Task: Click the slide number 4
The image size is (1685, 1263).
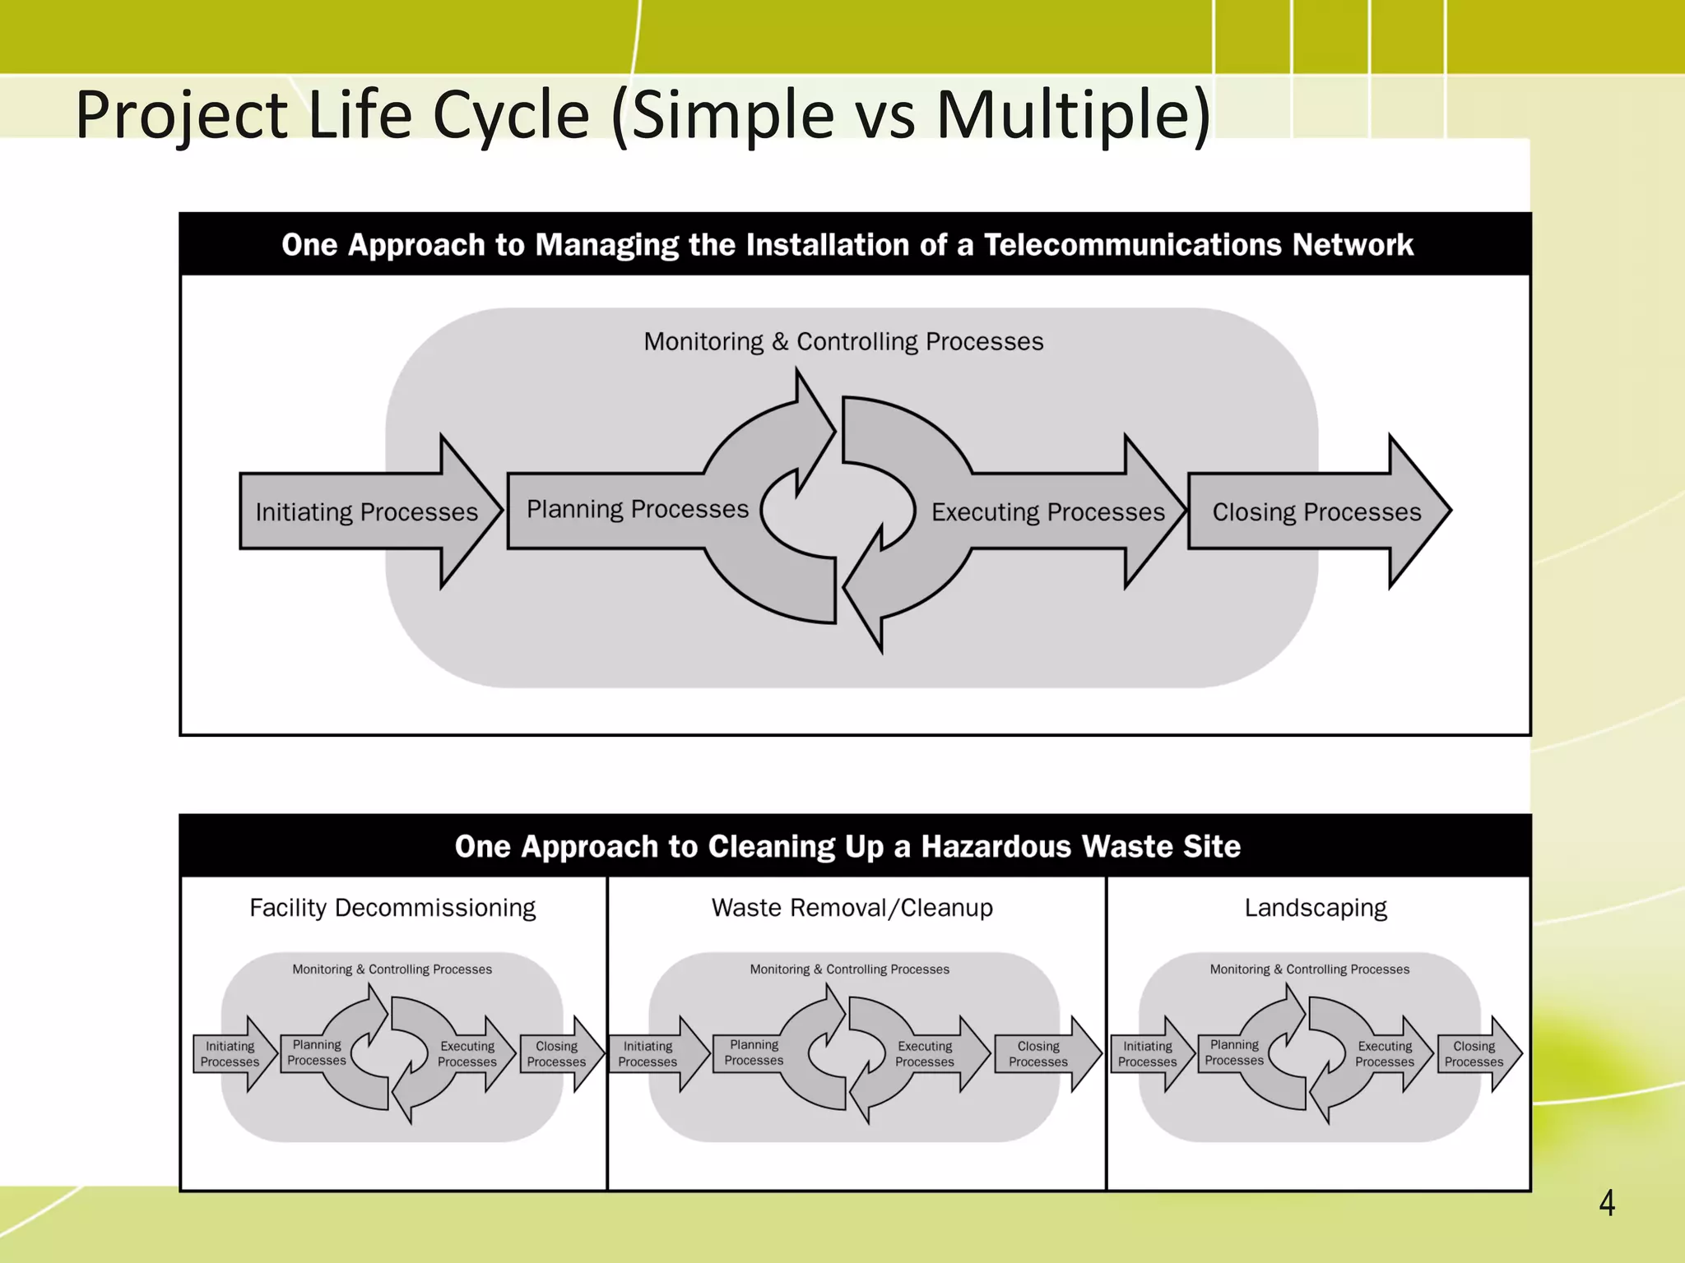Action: point(1606,1203)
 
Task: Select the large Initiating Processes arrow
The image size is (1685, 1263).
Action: point(367,511)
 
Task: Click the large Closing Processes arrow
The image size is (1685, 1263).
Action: point(1316,511)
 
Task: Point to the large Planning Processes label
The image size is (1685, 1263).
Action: point(638,509)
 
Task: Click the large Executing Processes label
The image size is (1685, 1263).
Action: point(1047,511)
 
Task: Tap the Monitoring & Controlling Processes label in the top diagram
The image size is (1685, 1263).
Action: point(843,341)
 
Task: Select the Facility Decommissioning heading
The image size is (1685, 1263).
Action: point(392,908)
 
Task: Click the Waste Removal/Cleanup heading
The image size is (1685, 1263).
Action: point(852,908)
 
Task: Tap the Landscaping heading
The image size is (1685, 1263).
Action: point(1316,908)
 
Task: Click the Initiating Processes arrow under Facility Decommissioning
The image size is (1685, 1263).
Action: point(231,1054)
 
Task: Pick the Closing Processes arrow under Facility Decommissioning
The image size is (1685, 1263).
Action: point(558,1054)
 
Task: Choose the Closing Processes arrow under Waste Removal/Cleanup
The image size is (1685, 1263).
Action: point(1040,1054)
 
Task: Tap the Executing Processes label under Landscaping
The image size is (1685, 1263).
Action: point(1385,1054)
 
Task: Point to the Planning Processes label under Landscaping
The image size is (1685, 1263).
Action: point(1234,1052)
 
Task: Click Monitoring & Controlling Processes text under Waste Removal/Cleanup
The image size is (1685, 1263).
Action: point(849,969)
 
